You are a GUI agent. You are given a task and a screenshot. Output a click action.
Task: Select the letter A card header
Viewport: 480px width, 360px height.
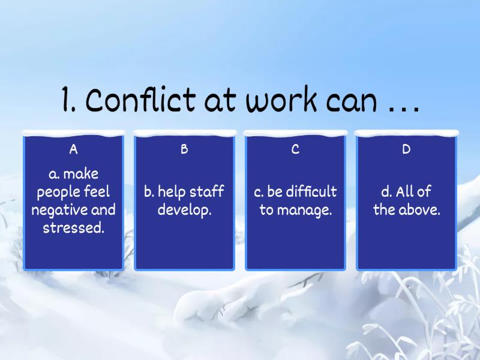[73, 149]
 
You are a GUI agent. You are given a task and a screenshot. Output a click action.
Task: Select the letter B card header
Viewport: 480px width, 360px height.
[184, 149]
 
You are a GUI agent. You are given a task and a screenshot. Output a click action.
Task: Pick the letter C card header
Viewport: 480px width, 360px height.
[295, 149]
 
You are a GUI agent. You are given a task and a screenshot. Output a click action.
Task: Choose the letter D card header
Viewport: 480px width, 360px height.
[406, 149]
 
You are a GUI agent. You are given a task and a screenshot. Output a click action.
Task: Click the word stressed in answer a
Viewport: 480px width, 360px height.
[73, 229]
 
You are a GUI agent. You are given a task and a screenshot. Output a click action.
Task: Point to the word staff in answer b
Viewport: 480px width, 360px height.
[207, 192]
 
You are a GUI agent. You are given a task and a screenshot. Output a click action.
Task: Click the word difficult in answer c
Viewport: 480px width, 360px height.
[311, 192]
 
